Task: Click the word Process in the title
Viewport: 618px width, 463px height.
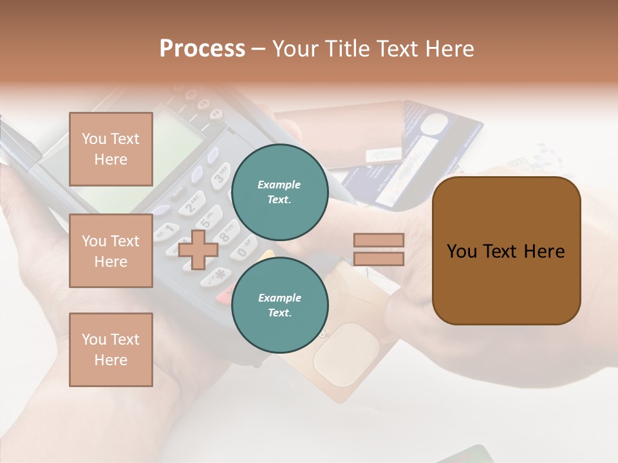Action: tap(202, 49)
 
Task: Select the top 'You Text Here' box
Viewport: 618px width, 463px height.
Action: tap(111, 149)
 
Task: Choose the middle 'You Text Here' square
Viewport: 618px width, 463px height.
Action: tap(111, 251)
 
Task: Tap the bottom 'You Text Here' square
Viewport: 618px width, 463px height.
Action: tap(111, 349)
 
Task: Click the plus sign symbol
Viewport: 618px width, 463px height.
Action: tap(198, 250)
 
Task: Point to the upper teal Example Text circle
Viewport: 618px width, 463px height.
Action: tap(280, 192)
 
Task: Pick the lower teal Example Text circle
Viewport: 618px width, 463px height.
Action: tap(280, 305)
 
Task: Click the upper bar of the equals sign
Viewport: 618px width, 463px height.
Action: tap(379, 240)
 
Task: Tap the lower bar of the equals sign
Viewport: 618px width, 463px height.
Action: tap(379, 259)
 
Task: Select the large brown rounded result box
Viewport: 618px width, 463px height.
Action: tap(506, 251)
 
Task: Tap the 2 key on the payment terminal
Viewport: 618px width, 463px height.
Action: tap(192, 205)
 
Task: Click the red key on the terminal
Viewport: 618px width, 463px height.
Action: tap(225, 296)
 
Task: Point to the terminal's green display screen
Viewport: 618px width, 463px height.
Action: tap(174, 138)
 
